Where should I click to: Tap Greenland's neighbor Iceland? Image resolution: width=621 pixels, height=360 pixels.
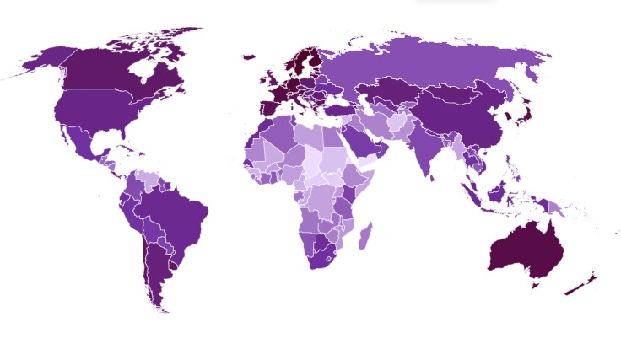[x=248, y=57]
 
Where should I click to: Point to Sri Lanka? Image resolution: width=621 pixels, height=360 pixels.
[x=432, y=178]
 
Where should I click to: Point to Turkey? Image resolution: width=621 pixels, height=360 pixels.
[x=337, y=110]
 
